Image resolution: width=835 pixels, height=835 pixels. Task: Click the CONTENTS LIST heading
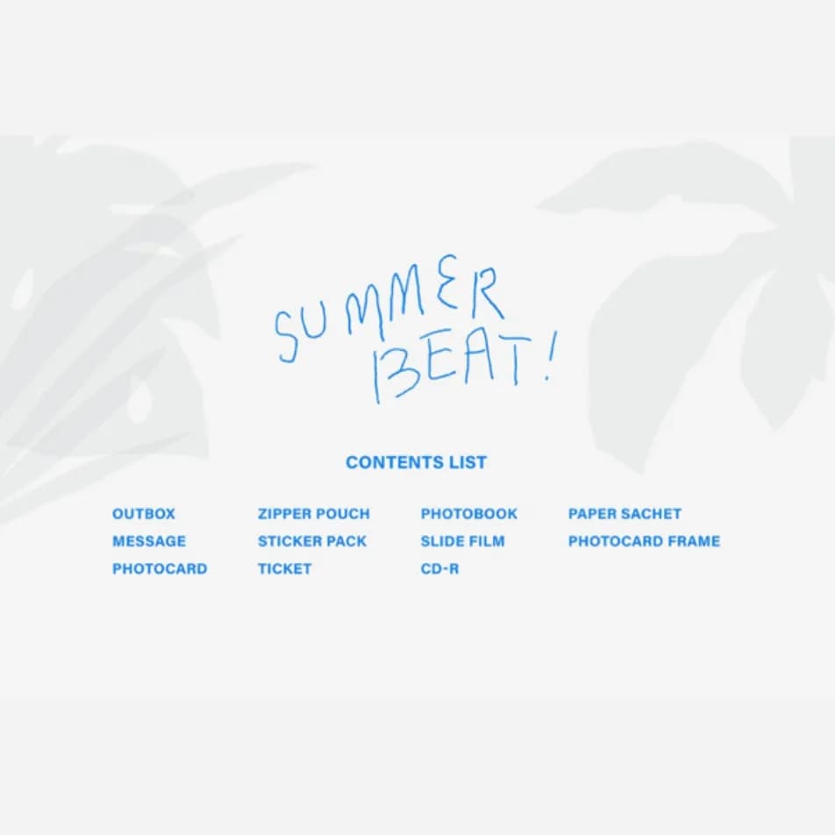tap(416, 462)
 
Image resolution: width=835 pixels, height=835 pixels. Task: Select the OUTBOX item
tap(144, 514)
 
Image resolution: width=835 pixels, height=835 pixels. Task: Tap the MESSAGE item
tap(149, 541)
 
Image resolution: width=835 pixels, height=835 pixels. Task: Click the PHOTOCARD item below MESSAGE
tap(160, 568)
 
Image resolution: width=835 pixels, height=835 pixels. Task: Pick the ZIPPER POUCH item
tap(314, 514)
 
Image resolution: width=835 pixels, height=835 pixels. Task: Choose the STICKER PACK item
tap(312, 541)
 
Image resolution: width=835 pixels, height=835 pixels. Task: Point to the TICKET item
tap(285, 568)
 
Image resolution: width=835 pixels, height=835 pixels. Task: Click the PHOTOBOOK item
tap(469, 514)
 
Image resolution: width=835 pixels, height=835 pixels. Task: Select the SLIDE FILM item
tap(463, 541)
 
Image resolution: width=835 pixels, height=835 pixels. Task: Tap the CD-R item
tap(440, 568)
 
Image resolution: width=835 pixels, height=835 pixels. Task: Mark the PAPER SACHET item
tap(624, 514)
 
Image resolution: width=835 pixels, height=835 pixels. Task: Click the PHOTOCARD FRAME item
tap(645, 541)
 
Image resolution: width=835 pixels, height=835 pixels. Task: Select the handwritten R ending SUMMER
tap(488, 292)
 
